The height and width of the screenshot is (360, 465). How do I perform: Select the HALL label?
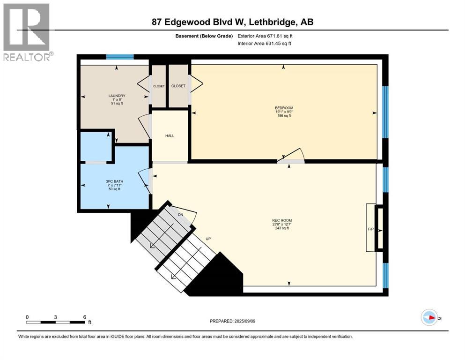click(170, 136)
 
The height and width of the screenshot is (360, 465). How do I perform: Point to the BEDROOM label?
click(284, 108)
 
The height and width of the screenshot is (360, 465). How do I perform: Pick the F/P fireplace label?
click(371, 231)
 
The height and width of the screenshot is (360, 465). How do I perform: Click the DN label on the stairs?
click(181, 216)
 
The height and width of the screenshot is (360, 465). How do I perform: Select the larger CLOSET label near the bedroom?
click(178, 86)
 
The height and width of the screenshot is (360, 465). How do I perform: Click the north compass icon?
click(429, 317)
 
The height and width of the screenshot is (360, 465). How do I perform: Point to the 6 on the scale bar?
click(84, 317)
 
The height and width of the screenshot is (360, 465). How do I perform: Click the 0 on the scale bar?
click(27, 317)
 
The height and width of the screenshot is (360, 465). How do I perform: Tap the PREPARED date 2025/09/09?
click(232, 321)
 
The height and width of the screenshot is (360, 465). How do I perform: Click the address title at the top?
click(232, 22)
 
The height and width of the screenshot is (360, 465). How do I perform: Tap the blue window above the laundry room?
click(120, 57)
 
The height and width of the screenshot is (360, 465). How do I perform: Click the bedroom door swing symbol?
click(291, 157)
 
